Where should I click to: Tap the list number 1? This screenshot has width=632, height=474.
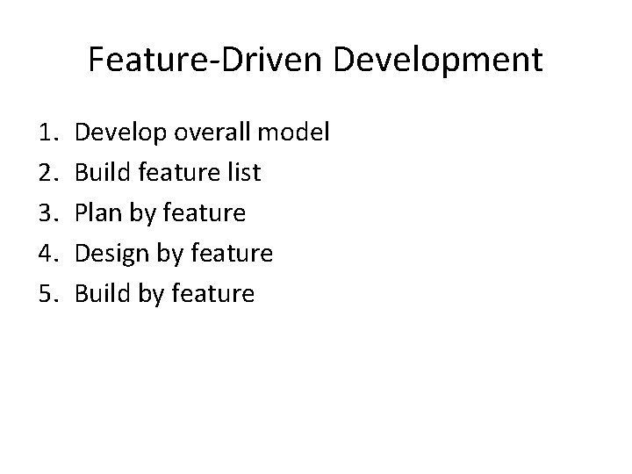(47, 133)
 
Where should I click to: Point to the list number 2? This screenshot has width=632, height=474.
(47, 173)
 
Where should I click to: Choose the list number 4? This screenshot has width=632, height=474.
(47, 254)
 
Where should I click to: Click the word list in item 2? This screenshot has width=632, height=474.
(243, 173)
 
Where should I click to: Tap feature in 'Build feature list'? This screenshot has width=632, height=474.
(175, 173)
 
